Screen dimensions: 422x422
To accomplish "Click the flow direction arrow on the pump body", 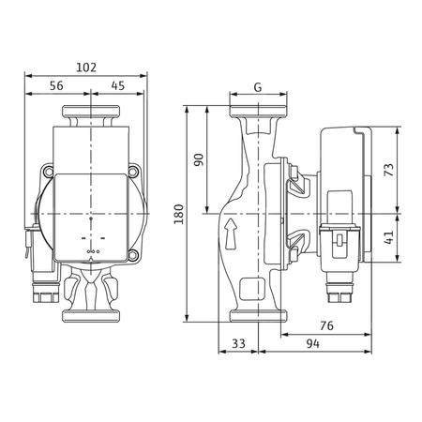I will pos(230,231).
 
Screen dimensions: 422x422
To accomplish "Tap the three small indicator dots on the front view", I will pos(92,251).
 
